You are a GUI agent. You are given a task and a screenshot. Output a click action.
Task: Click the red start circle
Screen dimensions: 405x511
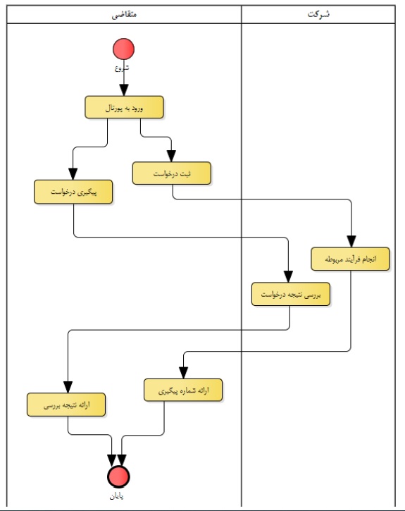point(123,49)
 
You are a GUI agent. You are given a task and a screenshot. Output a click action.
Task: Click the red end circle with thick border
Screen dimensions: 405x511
point(118,476)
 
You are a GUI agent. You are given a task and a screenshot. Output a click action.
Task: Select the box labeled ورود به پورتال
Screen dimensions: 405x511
point(124,107)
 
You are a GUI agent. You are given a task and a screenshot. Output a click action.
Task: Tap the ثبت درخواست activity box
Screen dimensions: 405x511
point(172,173)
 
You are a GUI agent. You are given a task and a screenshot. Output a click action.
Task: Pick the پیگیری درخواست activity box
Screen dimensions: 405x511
point(73,192)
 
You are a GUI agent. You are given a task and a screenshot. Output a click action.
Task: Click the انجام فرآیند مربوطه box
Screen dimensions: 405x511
point(350,259)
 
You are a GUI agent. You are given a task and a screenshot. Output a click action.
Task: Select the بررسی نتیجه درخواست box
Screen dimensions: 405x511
point(291,295)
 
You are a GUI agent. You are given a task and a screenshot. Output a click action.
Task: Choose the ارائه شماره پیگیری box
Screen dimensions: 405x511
point(183,390)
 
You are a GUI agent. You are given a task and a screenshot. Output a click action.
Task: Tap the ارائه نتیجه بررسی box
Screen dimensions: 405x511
point(66,405)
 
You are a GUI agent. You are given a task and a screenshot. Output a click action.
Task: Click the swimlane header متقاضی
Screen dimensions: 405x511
point(124,15)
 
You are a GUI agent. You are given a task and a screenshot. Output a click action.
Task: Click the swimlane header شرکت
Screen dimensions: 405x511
point(318,14)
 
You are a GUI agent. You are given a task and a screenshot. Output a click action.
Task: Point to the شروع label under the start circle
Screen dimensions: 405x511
point(121,68)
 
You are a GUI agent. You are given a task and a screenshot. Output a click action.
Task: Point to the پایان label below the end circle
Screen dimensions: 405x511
point(116,496)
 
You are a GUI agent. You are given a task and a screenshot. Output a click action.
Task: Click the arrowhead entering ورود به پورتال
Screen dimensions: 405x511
point(124,90)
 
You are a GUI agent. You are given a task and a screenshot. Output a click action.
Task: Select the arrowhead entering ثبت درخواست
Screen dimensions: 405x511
point(171,156)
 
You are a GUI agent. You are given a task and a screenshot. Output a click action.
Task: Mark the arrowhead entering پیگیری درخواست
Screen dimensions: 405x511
point(73,174)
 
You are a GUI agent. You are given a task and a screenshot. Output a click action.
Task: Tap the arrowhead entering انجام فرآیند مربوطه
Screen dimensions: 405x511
point(351,242)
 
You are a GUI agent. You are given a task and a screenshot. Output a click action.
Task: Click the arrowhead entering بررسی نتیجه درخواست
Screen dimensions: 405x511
point(288,277)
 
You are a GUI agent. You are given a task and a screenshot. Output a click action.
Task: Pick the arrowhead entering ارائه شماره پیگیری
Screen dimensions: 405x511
point(184,373)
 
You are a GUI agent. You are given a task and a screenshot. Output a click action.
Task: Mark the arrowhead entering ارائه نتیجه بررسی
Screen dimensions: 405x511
point(68,387)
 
